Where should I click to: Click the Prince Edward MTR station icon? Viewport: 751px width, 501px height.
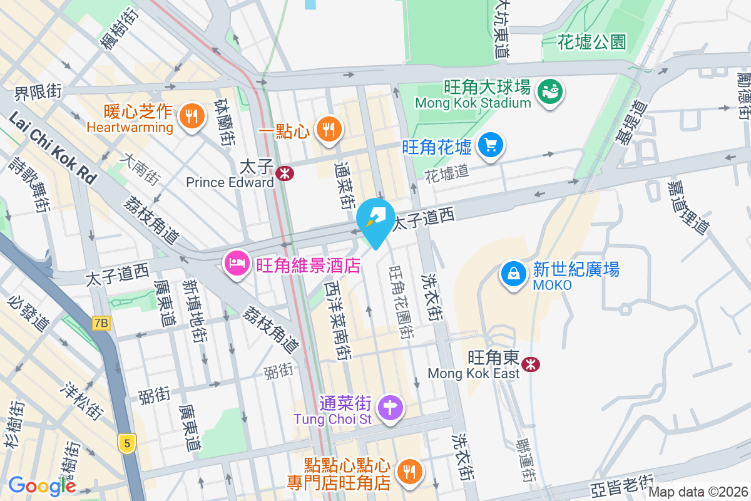click(285, 173)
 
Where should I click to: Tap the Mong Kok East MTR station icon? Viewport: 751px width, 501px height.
click(531, 363)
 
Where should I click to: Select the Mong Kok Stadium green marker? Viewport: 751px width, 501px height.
click(551, 91)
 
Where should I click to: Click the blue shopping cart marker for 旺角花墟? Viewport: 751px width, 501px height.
click(491, 145)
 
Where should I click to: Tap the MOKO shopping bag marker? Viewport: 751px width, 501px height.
click(514, 274)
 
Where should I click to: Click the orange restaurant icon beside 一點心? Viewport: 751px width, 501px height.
click(327, 129)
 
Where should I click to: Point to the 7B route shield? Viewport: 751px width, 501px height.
click(101, 323)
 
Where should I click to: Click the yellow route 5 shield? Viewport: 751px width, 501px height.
click(127, 443)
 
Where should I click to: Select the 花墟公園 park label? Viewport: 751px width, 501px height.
click(592, 43)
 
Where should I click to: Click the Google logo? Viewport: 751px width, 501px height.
click(42, 485)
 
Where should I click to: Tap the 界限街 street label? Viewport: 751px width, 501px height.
click(38, 91)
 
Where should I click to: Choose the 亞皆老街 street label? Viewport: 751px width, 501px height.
click(622, 488)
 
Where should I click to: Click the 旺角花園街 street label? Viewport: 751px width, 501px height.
click(401, 301)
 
